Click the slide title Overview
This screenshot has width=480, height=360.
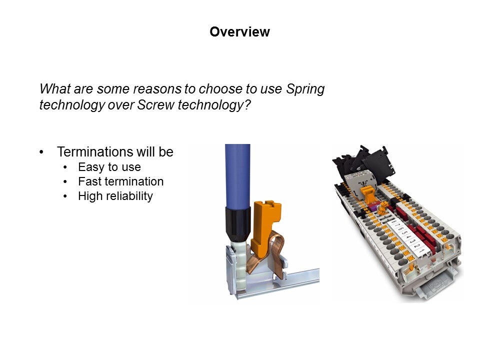coord(239,32)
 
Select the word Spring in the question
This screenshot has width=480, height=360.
coord(305,89)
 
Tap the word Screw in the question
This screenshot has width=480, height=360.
coord(156,104)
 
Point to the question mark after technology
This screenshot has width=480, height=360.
coord(247,104)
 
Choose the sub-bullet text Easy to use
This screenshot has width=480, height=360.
coord(109,167)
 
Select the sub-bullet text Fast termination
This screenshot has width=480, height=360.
coord(120,181)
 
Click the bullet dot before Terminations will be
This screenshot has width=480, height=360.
coord(41,152)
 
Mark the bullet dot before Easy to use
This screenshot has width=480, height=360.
coord(65,167)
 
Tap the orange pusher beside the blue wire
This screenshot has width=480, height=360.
coord(265,227)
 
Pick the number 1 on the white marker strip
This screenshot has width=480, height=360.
coord(422,250)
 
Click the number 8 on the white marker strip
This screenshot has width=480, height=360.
coord(393,221)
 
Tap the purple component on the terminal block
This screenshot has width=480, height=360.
coord(373,205)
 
